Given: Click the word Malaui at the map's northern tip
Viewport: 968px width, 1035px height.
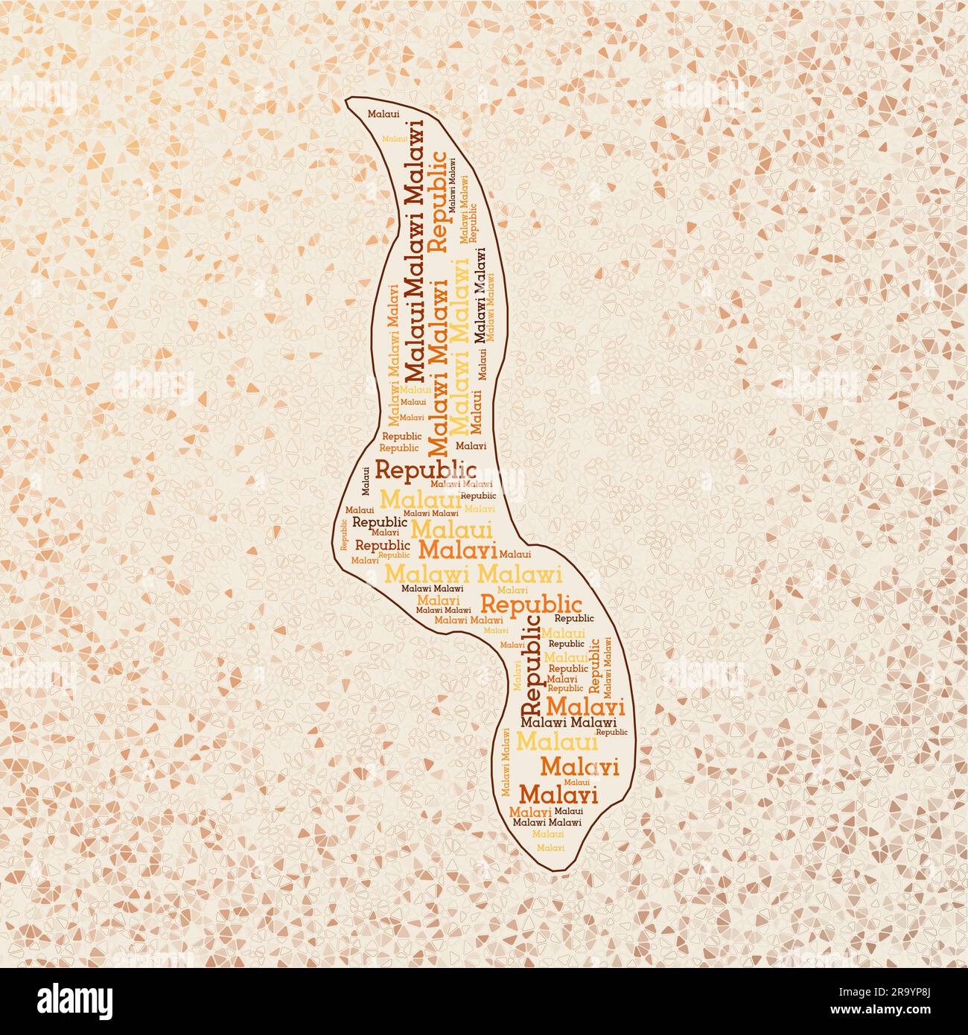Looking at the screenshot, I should (383, 113).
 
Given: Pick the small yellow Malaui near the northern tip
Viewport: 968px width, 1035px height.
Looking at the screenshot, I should (394, 138).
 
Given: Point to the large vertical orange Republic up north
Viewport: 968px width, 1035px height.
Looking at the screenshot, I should (439, 201).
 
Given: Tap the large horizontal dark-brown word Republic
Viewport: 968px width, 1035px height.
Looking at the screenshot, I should (425, 469).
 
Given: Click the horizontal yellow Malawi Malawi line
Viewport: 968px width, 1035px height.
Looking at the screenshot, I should (472, 574).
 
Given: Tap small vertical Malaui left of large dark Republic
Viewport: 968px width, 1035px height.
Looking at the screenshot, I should (366, 480).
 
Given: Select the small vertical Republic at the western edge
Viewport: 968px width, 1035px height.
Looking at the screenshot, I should (344, 534).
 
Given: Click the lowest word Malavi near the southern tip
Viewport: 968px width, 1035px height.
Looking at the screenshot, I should (550, 847).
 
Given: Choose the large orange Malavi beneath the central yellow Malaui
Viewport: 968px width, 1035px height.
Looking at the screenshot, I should (458, 550).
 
